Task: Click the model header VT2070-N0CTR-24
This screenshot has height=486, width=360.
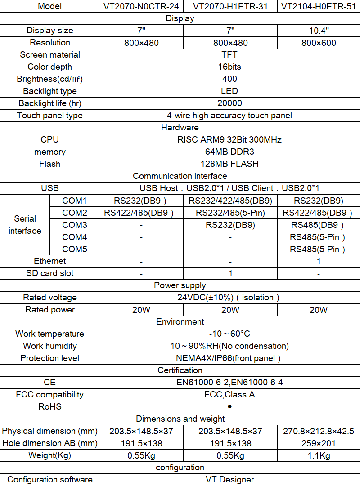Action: [141, 6]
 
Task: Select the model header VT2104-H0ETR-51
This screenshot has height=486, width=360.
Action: [319, 6]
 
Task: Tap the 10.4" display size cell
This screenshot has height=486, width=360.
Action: [319, 31]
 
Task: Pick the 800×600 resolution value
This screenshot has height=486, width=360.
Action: [319, 43]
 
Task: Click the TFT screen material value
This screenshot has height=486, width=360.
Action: [229, 55]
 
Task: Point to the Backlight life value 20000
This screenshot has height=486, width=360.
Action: [229, 103]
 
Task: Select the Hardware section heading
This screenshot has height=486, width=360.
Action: [180, 128]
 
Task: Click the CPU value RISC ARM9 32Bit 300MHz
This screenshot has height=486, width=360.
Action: [229, 140]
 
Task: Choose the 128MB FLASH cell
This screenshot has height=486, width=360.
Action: [229, 164]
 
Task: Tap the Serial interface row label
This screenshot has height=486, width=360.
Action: [25, 225]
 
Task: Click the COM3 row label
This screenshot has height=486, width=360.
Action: [74, 225]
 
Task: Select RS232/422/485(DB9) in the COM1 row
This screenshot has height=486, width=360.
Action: [230, 201]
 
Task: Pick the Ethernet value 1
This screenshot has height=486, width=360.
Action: [319, 261]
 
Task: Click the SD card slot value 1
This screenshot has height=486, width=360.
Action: [230, 273]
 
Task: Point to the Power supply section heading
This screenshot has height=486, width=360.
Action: [180, 285]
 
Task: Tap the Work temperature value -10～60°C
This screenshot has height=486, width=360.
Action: [229, 334]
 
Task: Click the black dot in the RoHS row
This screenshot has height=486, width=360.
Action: [229, 406]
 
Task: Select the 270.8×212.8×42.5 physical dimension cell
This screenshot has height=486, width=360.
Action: [319, 431]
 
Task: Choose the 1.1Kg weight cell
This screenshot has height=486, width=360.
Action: [319, 455]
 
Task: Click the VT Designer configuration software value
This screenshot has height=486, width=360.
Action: [229, 480]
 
